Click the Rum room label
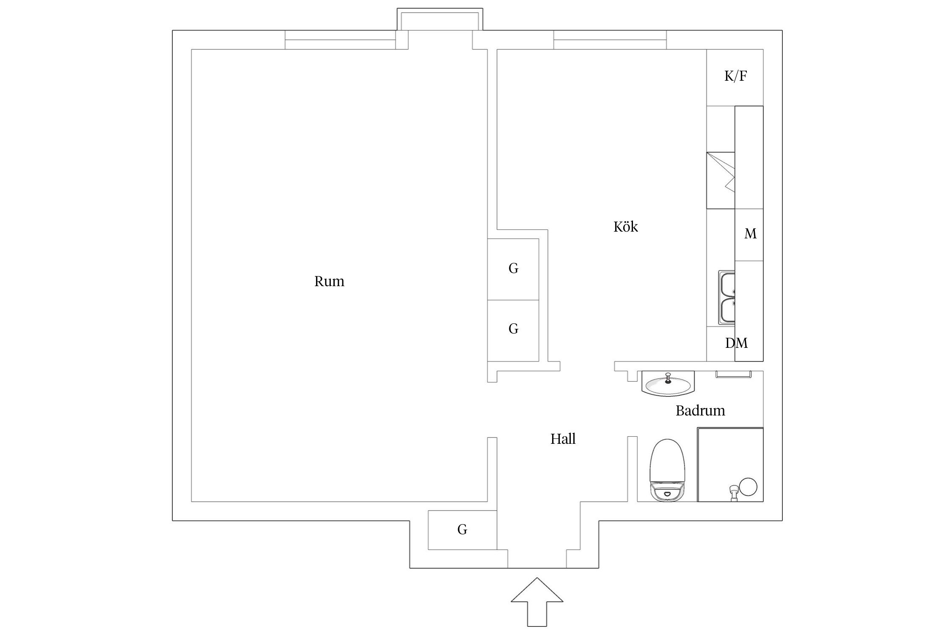coord(329,281)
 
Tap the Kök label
coord(625,227)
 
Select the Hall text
coord(563,439)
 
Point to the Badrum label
coord(700,410)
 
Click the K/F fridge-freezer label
coord(735,76)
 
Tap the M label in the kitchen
coord(750,234)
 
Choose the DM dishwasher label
coord(736,343)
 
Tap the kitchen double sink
coord(726,298)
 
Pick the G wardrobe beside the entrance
coord(462,530)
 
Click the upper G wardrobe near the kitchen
coord(513,269)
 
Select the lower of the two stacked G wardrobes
coord(513,331)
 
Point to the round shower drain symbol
coord(748,487)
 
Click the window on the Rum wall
coord(341,40)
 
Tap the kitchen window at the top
coord(610,40)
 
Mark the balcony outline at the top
coord(440,19)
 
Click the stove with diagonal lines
coord(721,180)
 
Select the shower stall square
coord(730,465)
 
